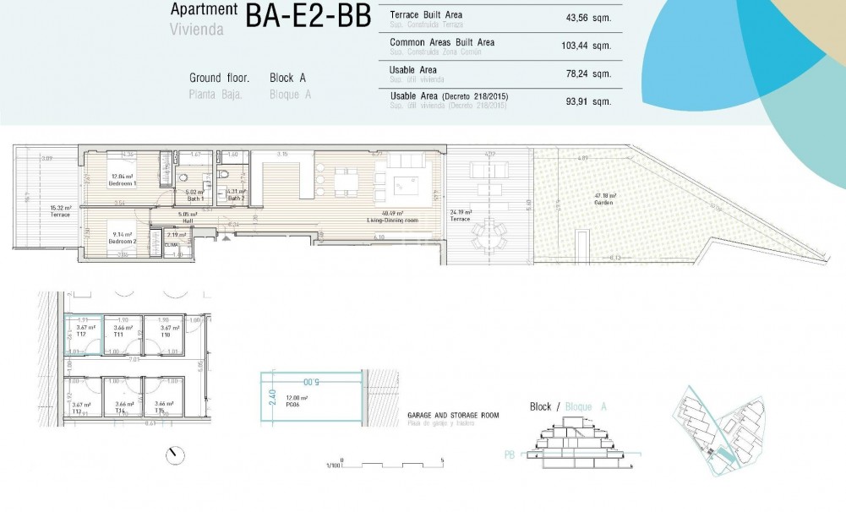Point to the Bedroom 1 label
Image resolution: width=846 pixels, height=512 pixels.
(x=123, y=180)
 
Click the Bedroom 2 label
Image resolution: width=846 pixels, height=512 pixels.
(x=122, y=237)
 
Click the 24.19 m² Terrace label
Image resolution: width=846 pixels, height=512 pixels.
(x=460, y=215)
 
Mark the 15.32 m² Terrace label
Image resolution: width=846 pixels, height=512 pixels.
(x=59, y=211)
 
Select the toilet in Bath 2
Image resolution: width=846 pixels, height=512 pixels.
(x=223, y=173)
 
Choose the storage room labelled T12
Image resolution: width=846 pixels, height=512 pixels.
(x=83, y=330)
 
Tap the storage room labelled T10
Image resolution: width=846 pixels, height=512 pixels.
(x=166, y=330)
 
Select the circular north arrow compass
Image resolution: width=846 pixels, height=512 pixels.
(x=176, y=455)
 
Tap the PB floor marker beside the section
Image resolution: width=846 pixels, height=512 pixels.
(x=510, y=454)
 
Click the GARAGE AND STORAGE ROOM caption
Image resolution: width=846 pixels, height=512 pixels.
(x=453, y=416)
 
